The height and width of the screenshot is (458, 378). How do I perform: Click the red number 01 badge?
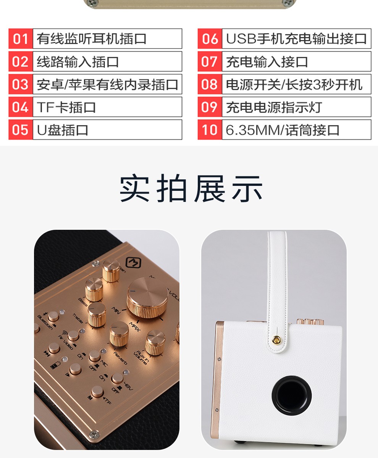21,39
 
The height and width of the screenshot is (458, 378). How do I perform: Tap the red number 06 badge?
210,39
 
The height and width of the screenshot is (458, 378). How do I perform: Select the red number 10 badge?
210,130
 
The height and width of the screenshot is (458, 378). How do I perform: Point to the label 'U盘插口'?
63,130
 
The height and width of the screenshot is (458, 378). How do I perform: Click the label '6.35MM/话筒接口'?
283,130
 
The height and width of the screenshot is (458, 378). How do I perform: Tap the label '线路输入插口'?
78,62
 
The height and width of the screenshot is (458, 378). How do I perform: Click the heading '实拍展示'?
191,189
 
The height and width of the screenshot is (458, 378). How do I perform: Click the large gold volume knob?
147,298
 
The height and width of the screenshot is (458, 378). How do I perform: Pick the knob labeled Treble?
97,313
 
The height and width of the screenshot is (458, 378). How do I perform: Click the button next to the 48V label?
117,378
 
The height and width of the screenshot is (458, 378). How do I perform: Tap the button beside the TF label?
97,392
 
